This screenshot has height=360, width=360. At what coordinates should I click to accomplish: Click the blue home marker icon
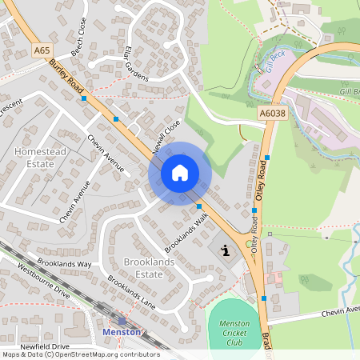180,172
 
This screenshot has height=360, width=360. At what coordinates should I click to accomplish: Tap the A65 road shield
42,50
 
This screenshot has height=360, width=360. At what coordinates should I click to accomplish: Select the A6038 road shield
271,115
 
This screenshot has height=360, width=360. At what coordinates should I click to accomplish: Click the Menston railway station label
122,331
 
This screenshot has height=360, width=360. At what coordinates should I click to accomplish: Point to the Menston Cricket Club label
235,332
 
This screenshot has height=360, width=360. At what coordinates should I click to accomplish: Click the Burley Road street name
66,77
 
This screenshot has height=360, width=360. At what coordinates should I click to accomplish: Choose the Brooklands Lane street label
132,293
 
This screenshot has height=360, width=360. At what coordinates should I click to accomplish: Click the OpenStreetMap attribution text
81,354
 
